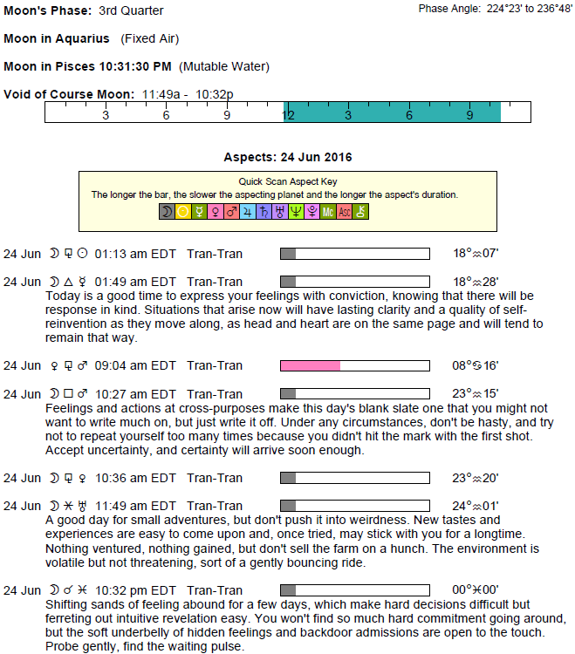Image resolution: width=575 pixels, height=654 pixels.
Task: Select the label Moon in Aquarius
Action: [57, 38]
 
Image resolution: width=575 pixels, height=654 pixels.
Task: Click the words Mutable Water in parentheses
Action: [224, 66]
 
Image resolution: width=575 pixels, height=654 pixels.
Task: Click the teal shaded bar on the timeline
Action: [393, 112]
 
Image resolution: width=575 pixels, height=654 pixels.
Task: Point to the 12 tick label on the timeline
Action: [287, 115]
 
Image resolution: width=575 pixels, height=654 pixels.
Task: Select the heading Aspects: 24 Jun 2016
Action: [288, 158]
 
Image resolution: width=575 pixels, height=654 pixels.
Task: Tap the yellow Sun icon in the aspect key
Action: [183, 211]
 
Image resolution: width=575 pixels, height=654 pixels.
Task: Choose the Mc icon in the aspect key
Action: [328, 211]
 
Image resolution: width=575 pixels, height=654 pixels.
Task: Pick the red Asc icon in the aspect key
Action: [345, 211]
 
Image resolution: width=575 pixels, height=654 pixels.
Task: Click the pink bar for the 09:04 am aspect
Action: [310, 365]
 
